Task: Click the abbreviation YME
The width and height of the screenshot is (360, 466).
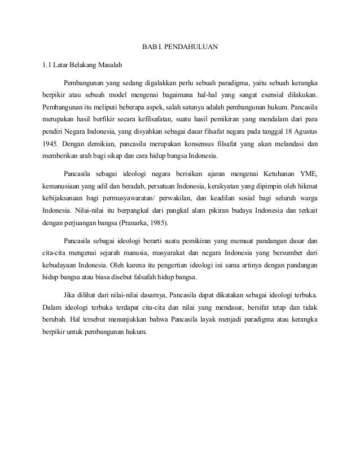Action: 310,172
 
